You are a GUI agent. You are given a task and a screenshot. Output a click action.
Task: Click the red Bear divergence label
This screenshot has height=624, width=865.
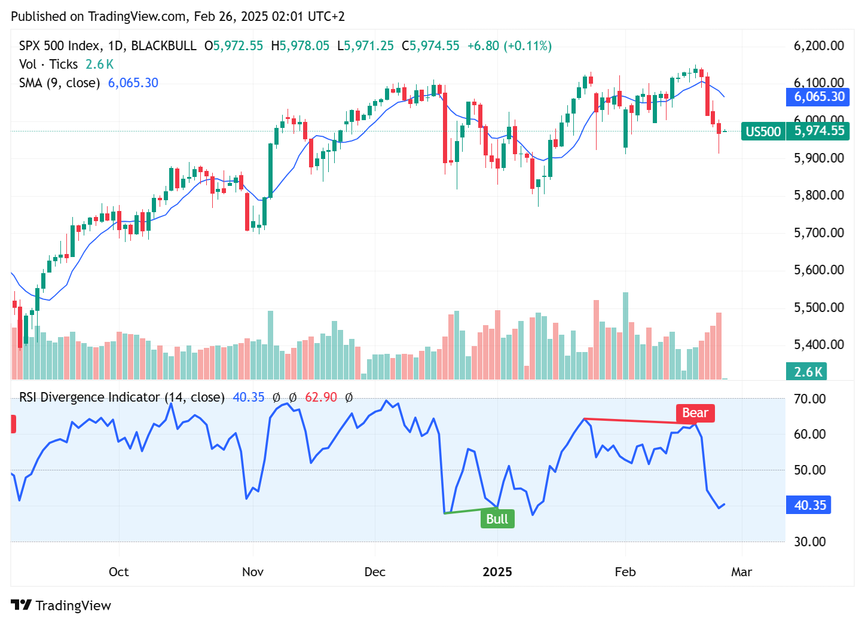[x=695, y=413]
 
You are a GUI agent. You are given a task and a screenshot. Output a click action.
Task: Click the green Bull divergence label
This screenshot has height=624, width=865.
[x=497, y=519]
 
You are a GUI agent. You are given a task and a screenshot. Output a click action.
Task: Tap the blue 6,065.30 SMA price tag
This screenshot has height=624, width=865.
[x=818, y=97]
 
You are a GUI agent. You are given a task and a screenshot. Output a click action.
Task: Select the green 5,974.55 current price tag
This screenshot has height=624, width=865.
[x=818, y=131]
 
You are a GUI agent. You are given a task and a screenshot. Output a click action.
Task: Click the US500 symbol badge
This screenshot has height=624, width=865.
[x=763, y=131]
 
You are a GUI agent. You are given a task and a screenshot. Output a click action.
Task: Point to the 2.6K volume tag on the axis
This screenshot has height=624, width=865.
[x=808, y=372]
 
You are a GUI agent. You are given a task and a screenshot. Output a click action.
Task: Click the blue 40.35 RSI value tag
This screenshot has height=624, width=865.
[x=809, y=505]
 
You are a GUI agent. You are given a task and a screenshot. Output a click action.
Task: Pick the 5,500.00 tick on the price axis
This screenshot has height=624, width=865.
[x=818, y=308]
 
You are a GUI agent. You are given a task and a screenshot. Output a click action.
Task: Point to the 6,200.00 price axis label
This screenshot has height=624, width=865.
[x=818, y=46]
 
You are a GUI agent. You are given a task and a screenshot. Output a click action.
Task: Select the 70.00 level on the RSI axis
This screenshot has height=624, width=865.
[x=809, y=399]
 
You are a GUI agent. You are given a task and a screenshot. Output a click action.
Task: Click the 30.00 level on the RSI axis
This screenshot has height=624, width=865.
[x=809, y=542]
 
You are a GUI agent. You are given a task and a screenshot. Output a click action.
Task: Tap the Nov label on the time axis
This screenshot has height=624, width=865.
[x=253, y=572]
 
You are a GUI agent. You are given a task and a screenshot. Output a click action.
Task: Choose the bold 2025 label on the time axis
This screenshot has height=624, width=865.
[x=497, y=572]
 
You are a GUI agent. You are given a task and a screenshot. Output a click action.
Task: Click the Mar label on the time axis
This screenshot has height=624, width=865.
[x=741, y=572]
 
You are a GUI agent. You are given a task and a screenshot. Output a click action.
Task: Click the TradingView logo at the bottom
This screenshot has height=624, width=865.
[x=61, y=605]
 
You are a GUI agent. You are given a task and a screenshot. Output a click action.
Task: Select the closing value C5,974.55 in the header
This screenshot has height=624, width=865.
[x=430, y=46]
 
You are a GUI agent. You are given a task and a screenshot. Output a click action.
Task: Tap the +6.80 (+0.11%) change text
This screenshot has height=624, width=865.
[x=509, y=46]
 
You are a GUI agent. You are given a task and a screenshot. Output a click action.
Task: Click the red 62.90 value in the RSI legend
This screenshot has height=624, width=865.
[x=321, y=397]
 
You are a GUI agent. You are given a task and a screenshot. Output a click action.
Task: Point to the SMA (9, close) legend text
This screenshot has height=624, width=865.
[x=59, y=83]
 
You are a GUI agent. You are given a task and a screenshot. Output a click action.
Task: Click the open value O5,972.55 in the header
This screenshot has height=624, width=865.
[x=234, y=46]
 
